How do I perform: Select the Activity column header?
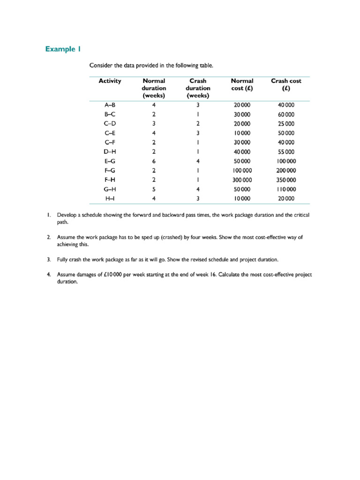[x=110, y=81]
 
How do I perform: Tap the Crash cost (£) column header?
[x=286, y=84]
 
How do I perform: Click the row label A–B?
[x=110, y=105]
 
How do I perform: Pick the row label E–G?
[x=110, y=161]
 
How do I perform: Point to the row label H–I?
[x=110, y=199]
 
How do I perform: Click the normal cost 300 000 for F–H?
[x=242, y=180]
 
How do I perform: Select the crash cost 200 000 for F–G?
[x=286, y=171]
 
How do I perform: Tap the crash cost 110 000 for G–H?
[x=286, y=189]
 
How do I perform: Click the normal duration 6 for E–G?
[x=154, y=161]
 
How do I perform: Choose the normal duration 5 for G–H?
[x=154, y=189]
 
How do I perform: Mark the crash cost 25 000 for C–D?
[x=286, y=124]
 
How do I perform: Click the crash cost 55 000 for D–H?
[x=286, y=152]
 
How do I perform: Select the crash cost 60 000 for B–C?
[x=286, y=114]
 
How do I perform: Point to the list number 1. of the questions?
[x=48, y=215]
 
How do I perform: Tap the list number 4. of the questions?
[x=48, y=274]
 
